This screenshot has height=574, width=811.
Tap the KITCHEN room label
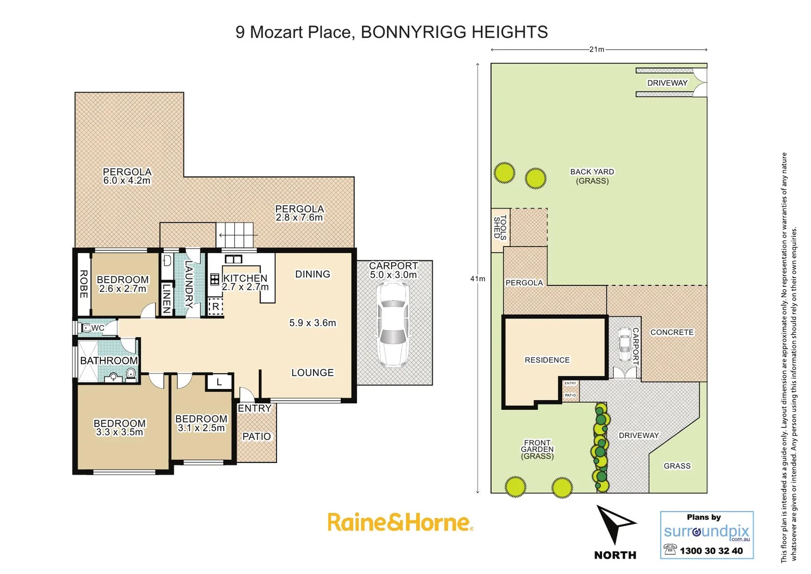coord(246,278)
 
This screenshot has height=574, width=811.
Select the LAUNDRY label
coord(189,284)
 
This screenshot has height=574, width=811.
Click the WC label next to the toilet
coord(98,328)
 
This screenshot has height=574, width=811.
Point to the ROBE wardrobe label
coord(83,284)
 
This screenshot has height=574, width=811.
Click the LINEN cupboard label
coord(167,298)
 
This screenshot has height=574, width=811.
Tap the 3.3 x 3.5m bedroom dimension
coord(120,433)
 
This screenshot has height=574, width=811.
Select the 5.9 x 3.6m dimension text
coord(312,323)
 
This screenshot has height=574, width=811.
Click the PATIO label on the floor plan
coord(257,436)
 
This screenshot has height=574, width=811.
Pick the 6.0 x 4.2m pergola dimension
coord(127,181)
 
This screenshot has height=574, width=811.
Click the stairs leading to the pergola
coord(236,234)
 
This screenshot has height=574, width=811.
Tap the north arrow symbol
coord(614,524)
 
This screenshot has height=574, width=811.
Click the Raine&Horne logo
coord(400,522)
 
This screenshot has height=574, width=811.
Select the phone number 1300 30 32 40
coord(711,551)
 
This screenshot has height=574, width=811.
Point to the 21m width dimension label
coord(597,49)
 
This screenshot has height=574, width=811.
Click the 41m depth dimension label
coord(478,278)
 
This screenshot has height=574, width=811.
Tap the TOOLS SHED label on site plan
coord(500,227)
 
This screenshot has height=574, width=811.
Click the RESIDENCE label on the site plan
coord(547,360)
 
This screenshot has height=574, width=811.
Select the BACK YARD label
coord(592,172)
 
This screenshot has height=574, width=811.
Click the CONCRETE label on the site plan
coord(672,332)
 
